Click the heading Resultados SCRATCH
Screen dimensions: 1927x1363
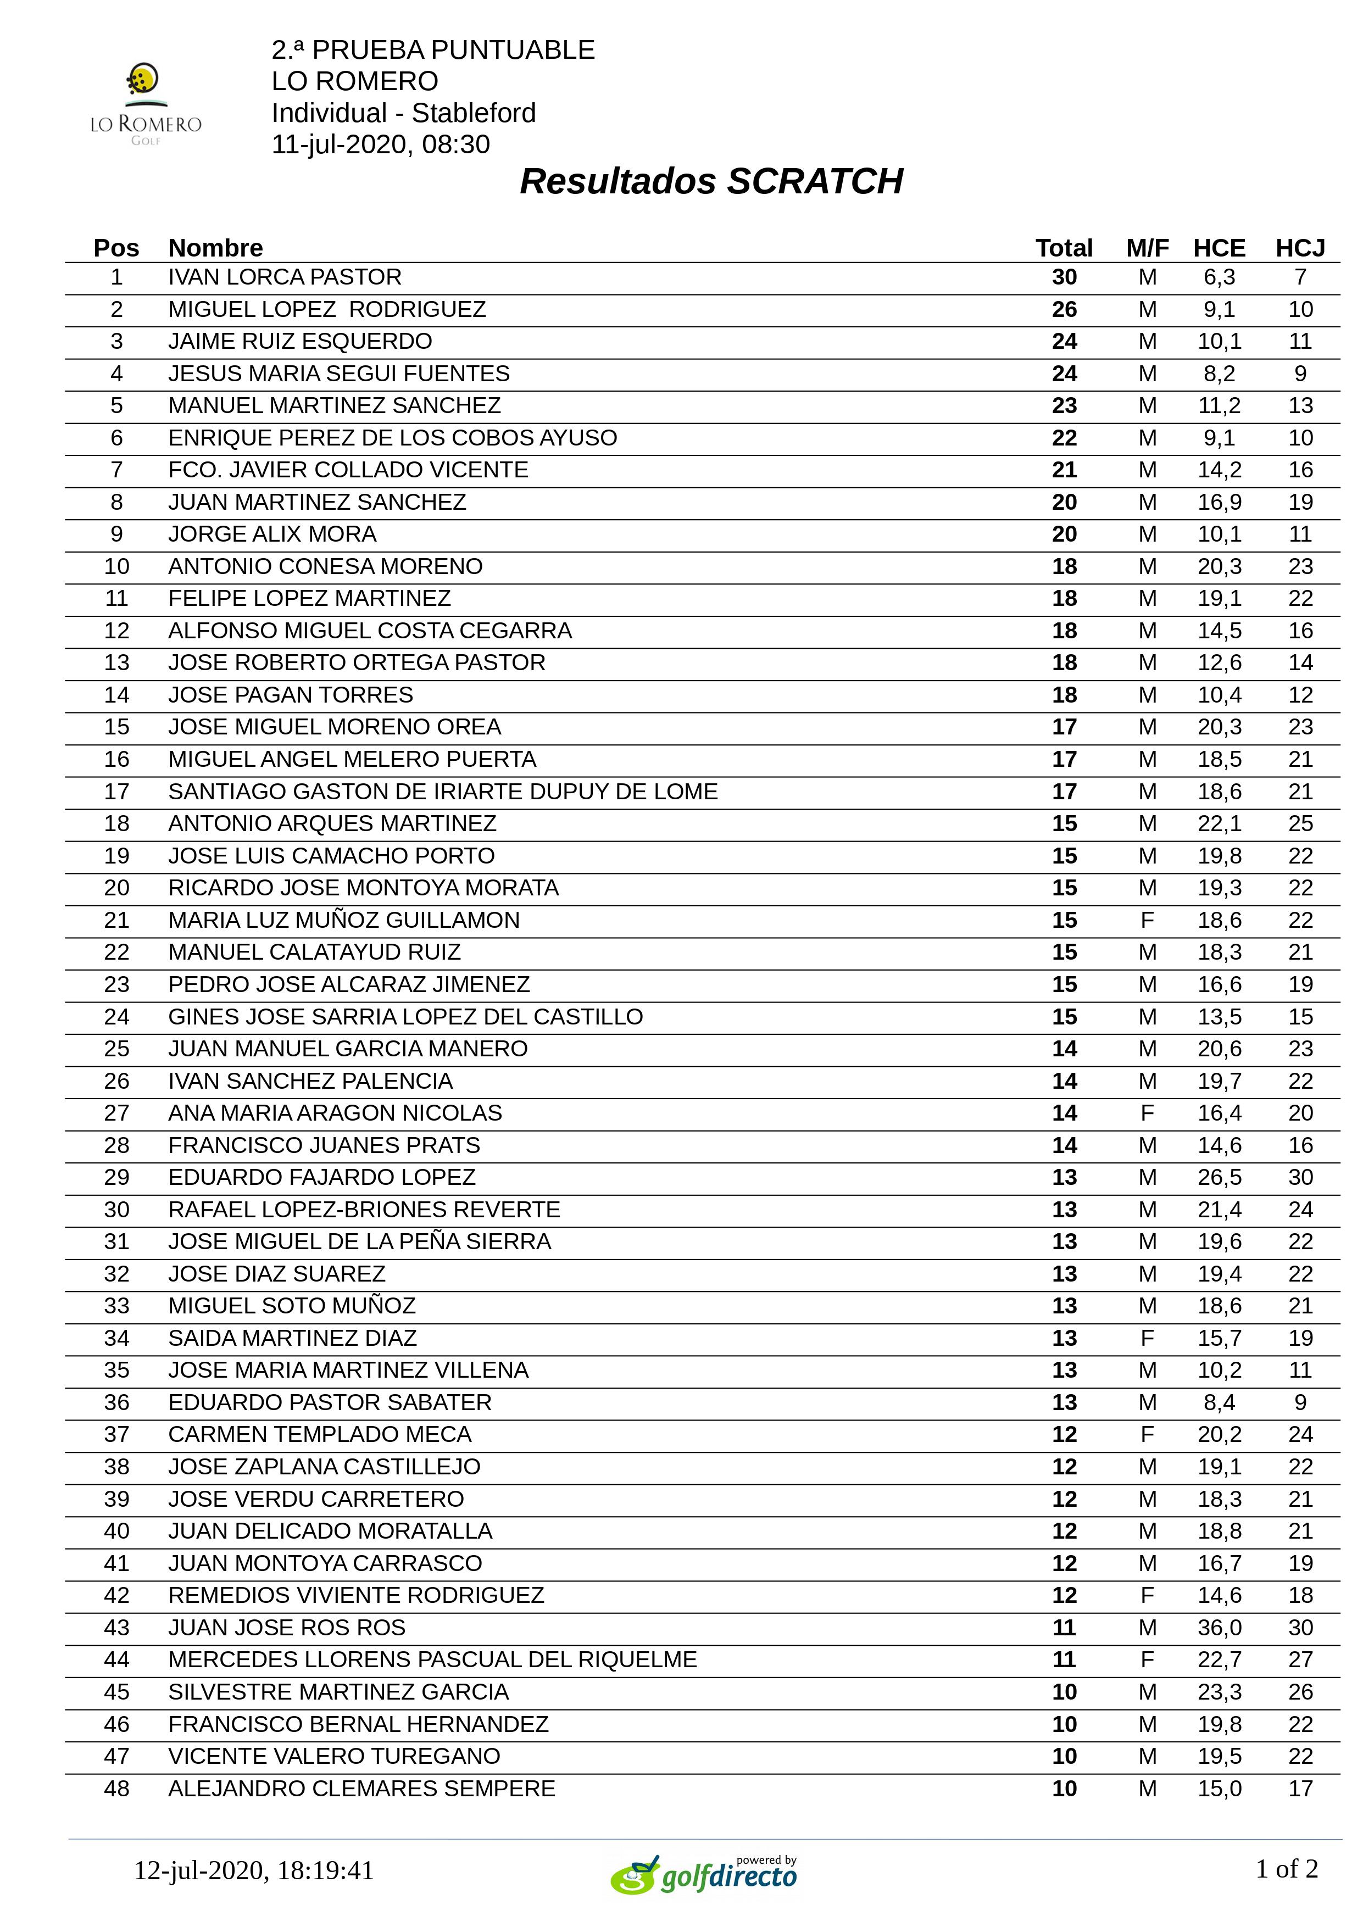click(711, 181)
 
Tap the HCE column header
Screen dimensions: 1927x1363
click(1219, 248)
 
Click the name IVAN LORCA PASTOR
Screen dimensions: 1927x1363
click(285, 277)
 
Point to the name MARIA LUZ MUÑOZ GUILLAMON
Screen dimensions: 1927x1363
click(343, 920)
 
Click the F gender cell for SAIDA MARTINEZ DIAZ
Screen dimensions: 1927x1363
click(1147, 1338)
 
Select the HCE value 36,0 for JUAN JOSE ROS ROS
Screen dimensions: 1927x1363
click(1219, 1628)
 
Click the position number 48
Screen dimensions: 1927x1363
click(116, 1789)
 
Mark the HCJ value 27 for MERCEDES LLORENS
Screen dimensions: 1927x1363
click(1300, 1659)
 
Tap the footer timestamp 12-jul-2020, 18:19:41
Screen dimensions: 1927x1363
click(253, 1870)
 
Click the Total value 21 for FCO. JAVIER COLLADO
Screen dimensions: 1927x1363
click(1064, 470)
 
